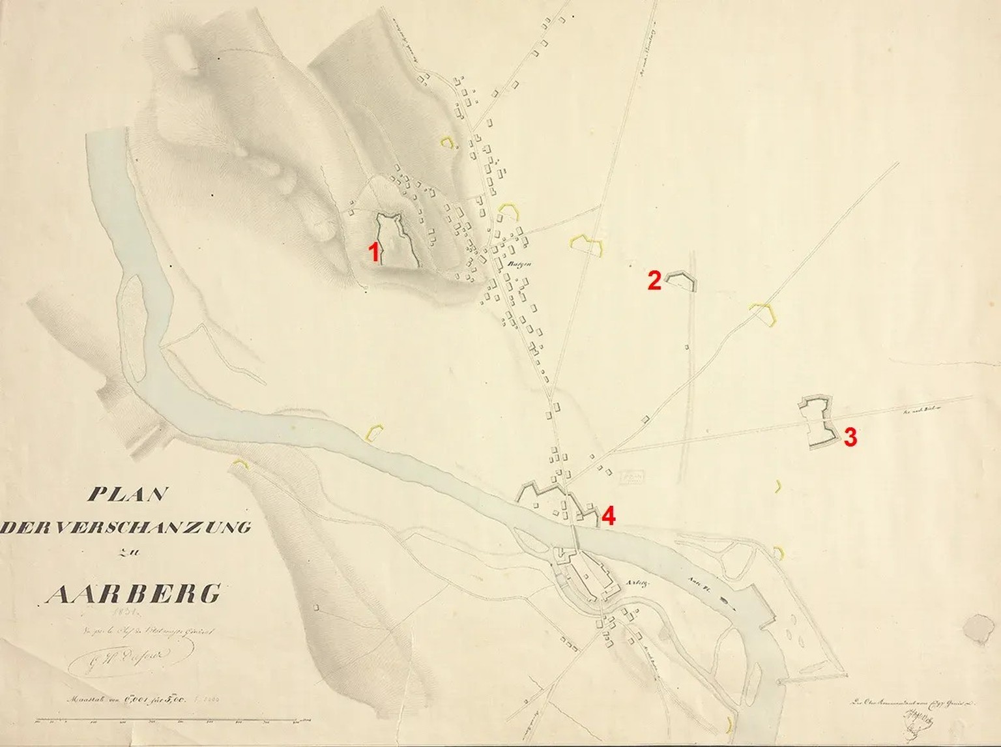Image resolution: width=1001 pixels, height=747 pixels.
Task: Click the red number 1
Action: [375, 252]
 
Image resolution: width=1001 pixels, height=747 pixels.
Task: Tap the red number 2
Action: [654, 281]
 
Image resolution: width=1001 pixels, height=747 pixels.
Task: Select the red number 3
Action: [850, 437]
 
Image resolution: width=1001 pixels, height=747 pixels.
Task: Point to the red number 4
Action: [608, 516]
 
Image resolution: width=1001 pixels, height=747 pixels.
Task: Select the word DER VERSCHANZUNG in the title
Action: [125, 527]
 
